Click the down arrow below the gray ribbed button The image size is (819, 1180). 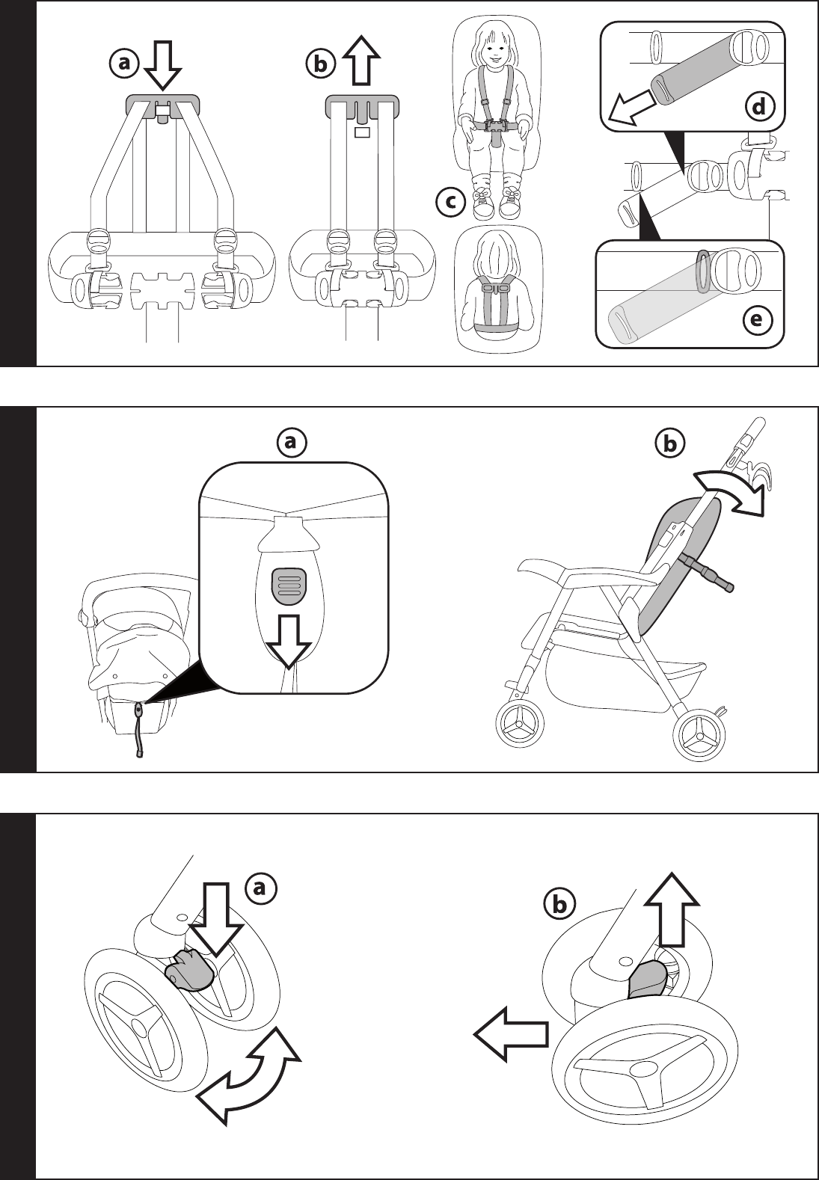coord(289,641)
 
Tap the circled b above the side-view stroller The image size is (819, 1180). coord(669,444)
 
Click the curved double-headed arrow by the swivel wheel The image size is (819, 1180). coord(248,1077)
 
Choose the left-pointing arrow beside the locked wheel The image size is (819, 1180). coord(511,1033)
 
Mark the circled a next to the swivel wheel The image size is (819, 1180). coord(260,888)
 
